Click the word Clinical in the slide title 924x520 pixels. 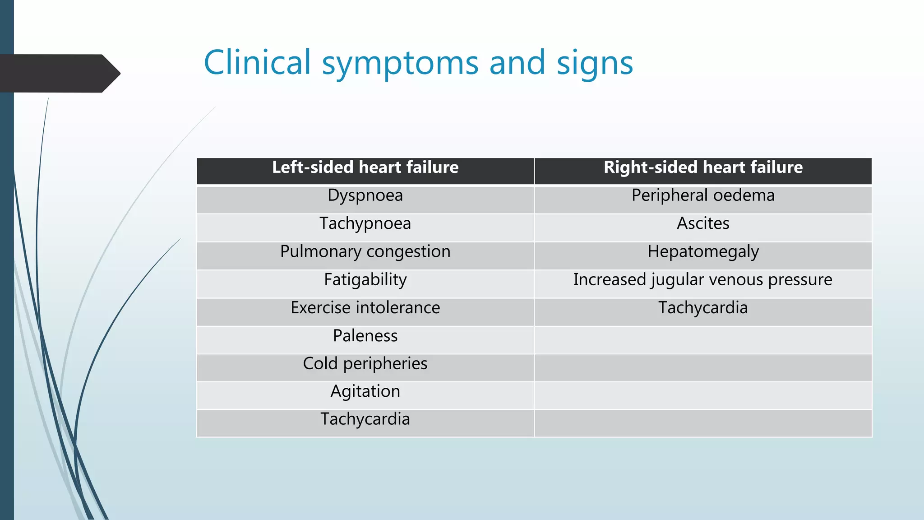tap(257, 62)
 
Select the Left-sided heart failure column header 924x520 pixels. tap(365, 168)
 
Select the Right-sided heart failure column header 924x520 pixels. tap(703, 168)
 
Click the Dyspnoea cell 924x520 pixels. tap(365, 196)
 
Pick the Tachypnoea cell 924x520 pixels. tap(365, 224)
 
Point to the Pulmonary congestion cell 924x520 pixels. tap(365, 252)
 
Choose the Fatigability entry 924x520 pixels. tap(365, 280)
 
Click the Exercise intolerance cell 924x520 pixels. tap(365, 308)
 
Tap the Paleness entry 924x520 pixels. tap(365, 336)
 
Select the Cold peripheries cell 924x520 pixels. tap(365, 364)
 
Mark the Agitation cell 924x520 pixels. tap(365, 392)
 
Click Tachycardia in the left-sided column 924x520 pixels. tap(365, 419)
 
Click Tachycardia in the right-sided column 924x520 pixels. tap(703, 308)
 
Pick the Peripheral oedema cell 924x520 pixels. tap(703, 196)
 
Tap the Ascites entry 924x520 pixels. tap(703, 224)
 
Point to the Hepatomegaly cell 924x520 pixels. tap(703, 252)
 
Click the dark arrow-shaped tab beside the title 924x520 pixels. tap(59, 74)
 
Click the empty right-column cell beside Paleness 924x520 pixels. tap(703, 340)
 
